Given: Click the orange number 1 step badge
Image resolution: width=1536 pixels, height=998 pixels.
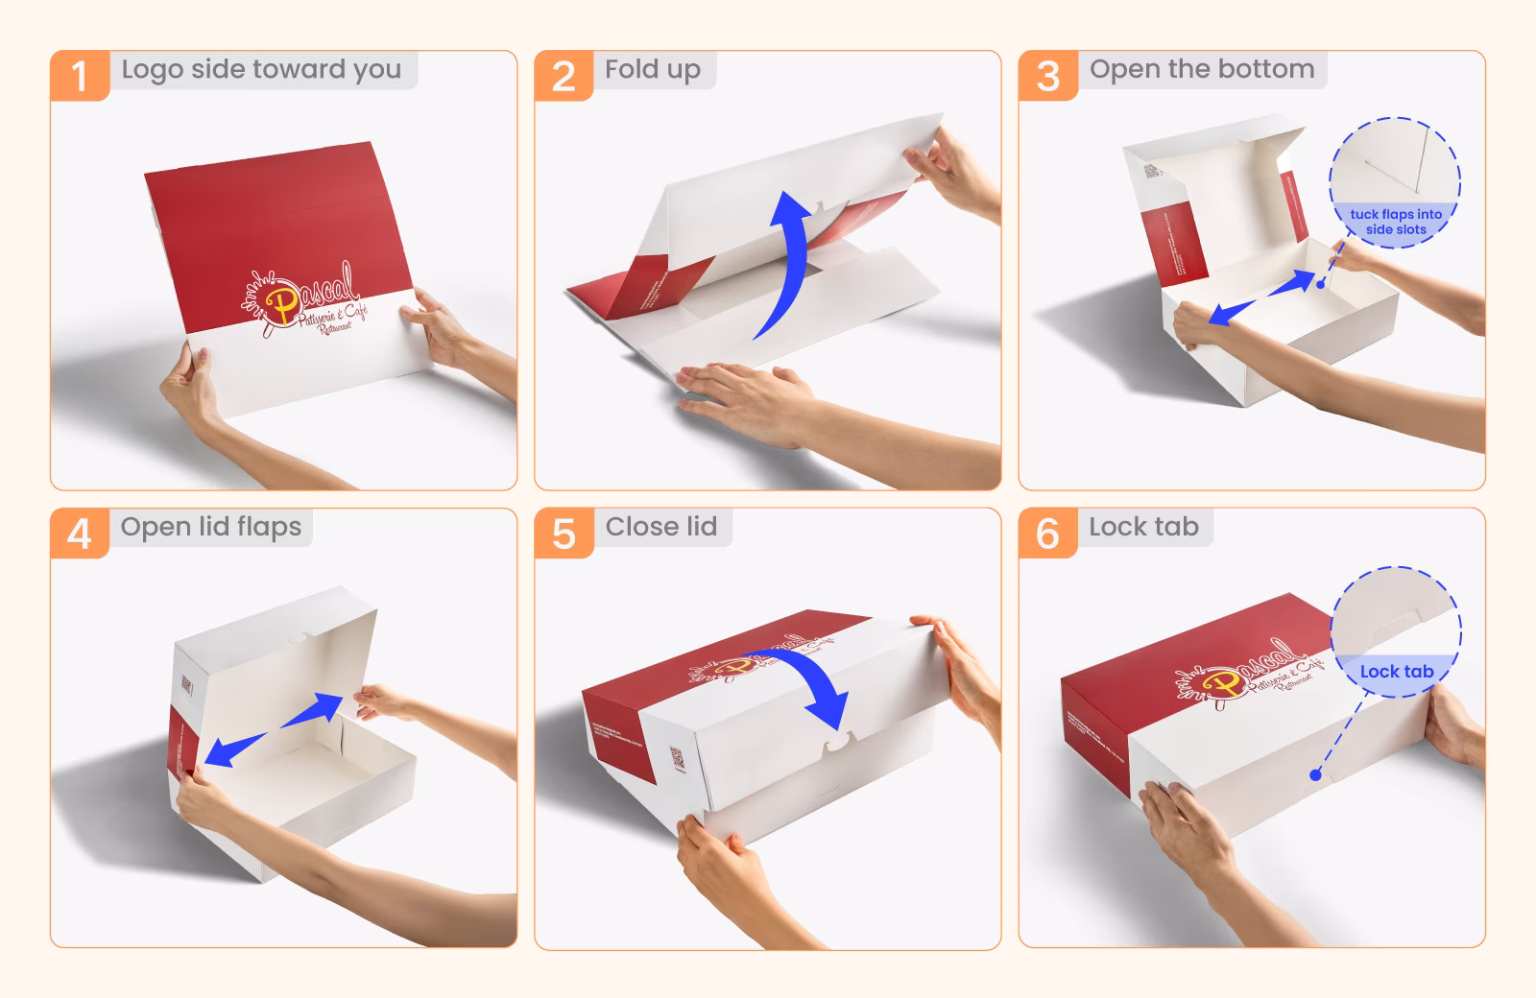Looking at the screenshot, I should pyautogui.click(x=79, y=76).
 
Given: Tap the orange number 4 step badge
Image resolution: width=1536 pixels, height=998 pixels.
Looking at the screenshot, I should pyautogui.click(x=79, y=534).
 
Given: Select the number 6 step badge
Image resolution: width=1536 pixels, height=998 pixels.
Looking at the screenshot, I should pyautogui.click(x=1047, y=534).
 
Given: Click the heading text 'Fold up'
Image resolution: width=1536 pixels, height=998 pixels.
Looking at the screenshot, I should pyautogui.click(x=652, y=69).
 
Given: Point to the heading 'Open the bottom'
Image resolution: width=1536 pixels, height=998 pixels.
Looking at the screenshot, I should pyautogui.click(x=1201, y=69).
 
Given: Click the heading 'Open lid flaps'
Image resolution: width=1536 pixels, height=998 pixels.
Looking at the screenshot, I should pyautogui.click(x=210, y=527).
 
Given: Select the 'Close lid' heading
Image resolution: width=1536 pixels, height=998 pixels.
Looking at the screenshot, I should pyautogui.click(x=660, y=527).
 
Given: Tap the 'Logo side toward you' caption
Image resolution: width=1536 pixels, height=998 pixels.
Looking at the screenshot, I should pyautogui.click(x=261, y=69).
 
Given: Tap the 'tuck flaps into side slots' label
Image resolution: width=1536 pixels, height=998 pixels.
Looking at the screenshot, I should pyautogui.click(x=1396, y=222).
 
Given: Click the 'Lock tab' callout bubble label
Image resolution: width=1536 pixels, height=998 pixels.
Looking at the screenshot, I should pyautogui.click(x=1396, y=672).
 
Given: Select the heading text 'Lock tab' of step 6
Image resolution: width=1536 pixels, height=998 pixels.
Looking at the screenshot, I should pyautogui.click(x=1142, y=527).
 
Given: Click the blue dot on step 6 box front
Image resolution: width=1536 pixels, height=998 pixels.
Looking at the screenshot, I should pyautogui.click(x=1315, y=774).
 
